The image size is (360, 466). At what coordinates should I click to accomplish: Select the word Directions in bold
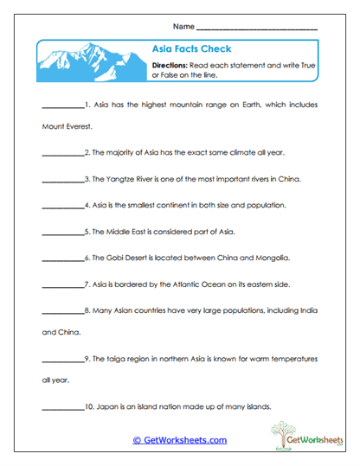tap(170, 65)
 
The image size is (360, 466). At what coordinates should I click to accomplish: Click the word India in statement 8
tap(307, 310)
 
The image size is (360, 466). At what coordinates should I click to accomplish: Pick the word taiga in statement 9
tap(115, 358)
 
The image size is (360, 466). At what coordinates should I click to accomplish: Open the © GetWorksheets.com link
tap(179, 440)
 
